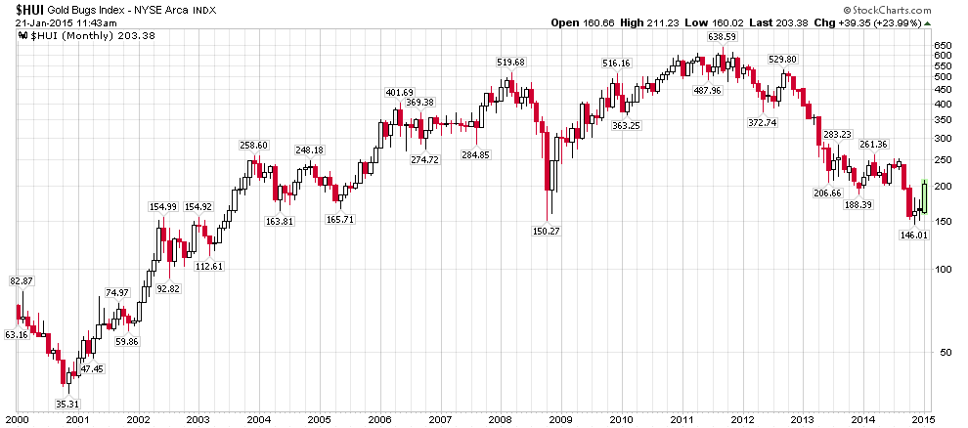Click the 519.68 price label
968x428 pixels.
coord(510,62)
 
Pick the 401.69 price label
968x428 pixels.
coord(399,92)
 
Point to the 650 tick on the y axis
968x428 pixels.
coord(943,45)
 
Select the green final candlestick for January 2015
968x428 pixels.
coord(924,195)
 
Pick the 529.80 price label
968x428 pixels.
coord(783,60)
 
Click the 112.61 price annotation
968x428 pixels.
coord(209,267)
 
